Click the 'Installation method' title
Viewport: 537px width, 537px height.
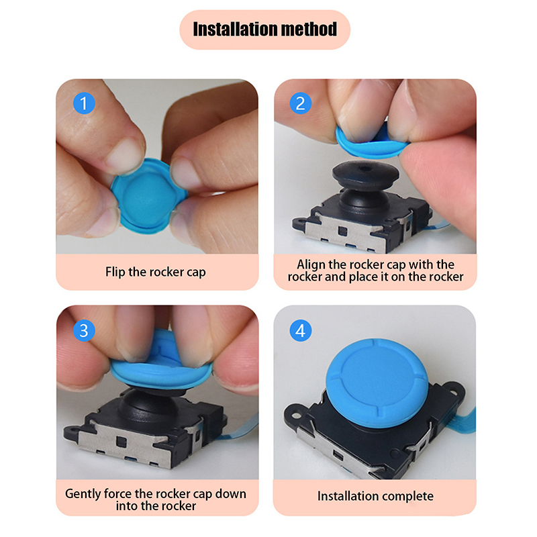click(x=264, y=29)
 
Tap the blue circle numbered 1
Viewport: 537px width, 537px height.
click(x=84, y=103)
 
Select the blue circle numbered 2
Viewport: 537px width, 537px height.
click(x=300, y=103)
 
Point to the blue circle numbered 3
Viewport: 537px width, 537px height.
click(x=84, y=330)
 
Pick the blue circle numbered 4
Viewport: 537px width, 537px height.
click(x=300, y=330)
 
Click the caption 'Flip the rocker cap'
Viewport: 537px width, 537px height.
click(x=156, y=272)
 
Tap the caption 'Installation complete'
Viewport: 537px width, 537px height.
click(x=375, y=496)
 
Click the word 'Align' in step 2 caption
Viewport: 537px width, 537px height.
click(x=311, y=264)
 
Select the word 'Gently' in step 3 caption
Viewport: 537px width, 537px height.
click(x=83, y=494)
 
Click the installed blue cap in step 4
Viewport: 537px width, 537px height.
click(x=377, y=383)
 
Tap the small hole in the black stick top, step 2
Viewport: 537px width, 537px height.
click(x=365, y=168)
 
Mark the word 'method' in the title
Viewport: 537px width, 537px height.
click(x=309, y=29)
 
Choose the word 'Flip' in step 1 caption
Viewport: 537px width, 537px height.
click(x=115, y=272)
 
